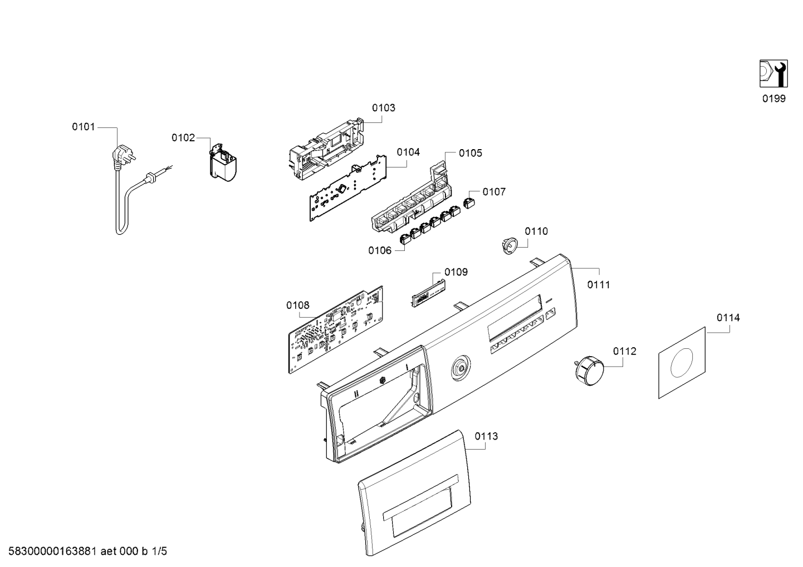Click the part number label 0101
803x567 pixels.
point(84,127)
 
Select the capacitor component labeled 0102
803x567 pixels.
point(222,162)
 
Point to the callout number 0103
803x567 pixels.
point(384,108)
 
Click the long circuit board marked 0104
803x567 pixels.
point(348,188)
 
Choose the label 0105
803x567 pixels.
point(471,154)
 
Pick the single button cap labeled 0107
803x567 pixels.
point(469,203)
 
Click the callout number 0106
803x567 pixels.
point(380,250)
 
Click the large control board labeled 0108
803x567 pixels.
point(336,329)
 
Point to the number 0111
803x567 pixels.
point(599,285)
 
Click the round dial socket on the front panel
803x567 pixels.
point(461,368)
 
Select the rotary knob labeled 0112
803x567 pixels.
point(589,371)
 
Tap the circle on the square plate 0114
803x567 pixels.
point(682,363)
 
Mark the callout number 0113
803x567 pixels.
point(487,436)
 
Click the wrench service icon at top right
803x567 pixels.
point(773,73)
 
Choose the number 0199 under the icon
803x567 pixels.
point(774,98)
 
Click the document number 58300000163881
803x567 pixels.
point(52,551)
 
